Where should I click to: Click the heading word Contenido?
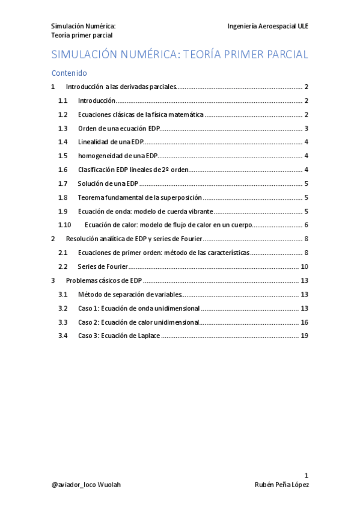(69, 73)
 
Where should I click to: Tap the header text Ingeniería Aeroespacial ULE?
(268, 26)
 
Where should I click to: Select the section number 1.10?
(65, 225)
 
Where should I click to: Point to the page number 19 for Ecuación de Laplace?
(304, 336)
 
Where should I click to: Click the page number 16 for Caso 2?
(304, 322)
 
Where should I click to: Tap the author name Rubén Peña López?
(281, 485)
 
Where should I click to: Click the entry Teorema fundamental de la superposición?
(139, 197)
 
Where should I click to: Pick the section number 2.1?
(63, 253)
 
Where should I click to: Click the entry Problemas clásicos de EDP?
(104, 280)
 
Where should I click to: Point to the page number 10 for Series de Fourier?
(304, 266)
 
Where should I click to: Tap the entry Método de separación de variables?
(129, 294)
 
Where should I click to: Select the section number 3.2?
(63, 308)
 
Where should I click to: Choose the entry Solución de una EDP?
(108, 183)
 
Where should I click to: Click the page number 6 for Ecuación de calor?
(306, 225)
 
